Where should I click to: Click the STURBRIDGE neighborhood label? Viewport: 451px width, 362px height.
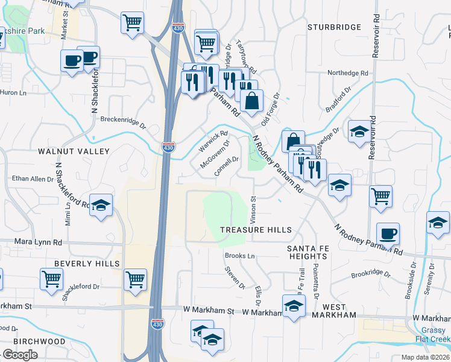click(334, 27)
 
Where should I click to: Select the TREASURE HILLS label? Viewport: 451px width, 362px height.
click(256, 230)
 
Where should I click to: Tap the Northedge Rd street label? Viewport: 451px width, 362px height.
click(348, 73)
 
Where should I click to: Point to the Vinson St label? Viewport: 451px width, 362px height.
click(253, 206)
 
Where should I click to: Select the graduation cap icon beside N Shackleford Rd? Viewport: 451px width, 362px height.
click(101, 205)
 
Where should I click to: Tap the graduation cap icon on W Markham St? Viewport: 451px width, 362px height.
click(293, 306)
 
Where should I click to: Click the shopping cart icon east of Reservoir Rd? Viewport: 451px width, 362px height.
click(380, 197)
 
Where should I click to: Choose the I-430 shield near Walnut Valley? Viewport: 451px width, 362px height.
click(168, 147)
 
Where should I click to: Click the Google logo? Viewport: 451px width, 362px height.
click(20, 355)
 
